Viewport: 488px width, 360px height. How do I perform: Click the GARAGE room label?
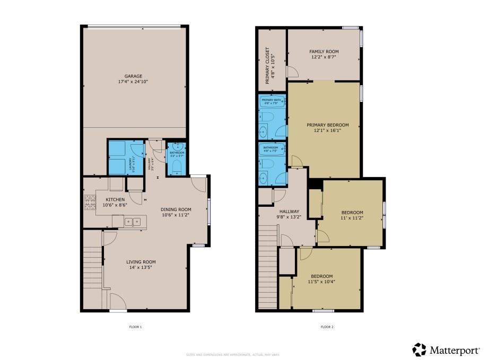[133, 76]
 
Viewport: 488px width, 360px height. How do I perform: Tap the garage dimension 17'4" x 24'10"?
[133, 82]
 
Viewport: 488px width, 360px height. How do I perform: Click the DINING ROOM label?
[176, 209]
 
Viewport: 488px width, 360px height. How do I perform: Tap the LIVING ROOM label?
[141, 261]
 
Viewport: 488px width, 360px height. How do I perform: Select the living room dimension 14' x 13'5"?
[141, 268]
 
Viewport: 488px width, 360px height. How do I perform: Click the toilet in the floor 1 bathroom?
[177, 169]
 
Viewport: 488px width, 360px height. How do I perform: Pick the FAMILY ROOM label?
[324, 51]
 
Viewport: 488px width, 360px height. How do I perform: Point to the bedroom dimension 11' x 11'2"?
[352, 218]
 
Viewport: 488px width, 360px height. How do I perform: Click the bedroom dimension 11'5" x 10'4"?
[321, 282]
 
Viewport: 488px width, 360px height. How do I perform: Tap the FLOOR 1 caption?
[135, 327]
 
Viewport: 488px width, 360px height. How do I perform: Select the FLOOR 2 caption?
[327, 327]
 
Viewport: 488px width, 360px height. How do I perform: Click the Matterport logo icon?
[419, 349]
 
